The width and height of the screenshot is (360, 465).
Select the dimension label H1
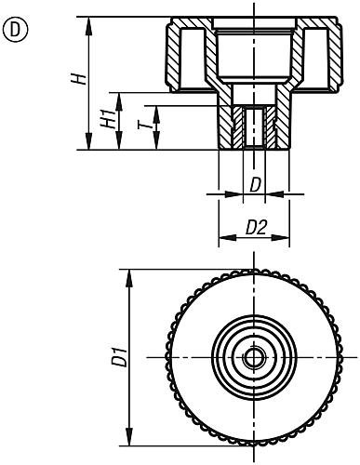(x=107, y=120)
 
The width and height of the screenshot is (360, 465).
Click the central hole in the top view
(x=254, y=357)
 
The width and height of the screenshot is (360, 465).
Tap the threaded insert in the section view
(x=254, y=126)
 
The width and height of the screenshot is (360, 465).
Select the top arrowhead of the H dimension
(x=90, y=20)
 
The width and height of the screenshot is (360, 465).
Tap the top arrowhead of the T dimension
(x=154, y=108)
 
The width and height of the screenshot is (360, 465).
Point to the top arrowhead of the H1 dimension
(x=119, y=95)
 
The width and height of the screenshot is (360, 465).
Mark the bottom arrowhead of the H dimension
(x=90, y=146)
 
